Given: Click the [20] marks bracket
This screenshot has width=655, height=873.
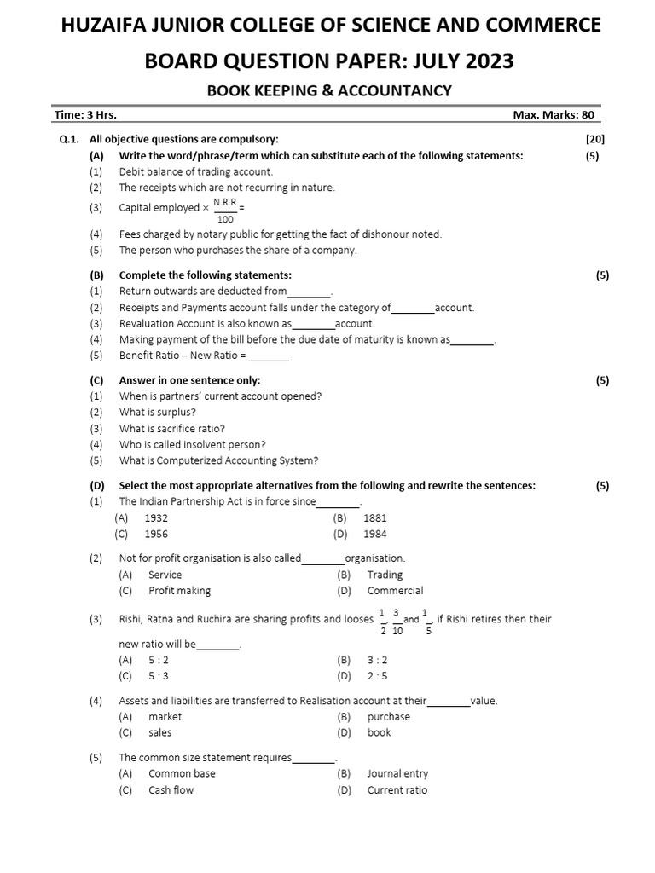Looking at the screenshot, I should click(x=595, y=139).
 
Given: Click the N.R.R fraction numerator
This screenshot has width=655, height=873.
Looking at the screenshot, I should click(x=225, y=201).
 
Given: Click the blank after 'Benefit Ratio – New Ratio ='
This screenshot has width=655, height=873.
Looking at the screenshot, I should click(x=269, y=356).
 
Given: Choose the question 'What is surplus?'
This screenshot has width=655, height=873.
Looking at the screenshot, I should click(x=158, y=413).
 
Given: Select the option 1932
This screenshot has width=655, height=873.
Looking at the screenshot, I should click(x=157, y=517).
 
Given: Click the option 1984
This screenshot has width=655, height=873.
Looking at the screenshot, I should click(x=375, y=535).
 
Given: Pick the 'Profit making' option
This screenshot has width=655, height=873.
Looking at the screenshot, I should click(x=179, y=591).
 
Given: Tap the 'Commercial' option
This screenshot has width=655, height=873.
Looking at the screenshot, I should click(x=395, y=591).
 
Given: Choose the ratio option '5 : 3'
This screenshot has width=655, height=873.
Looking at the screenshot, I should click(x=159, y=676).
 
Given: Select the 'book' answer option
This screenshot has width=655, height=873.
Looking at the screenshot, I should click(x=380, y=733).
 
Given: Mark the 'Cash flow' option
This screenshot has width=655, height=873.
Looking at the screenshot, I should click(x=171, y=790).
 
